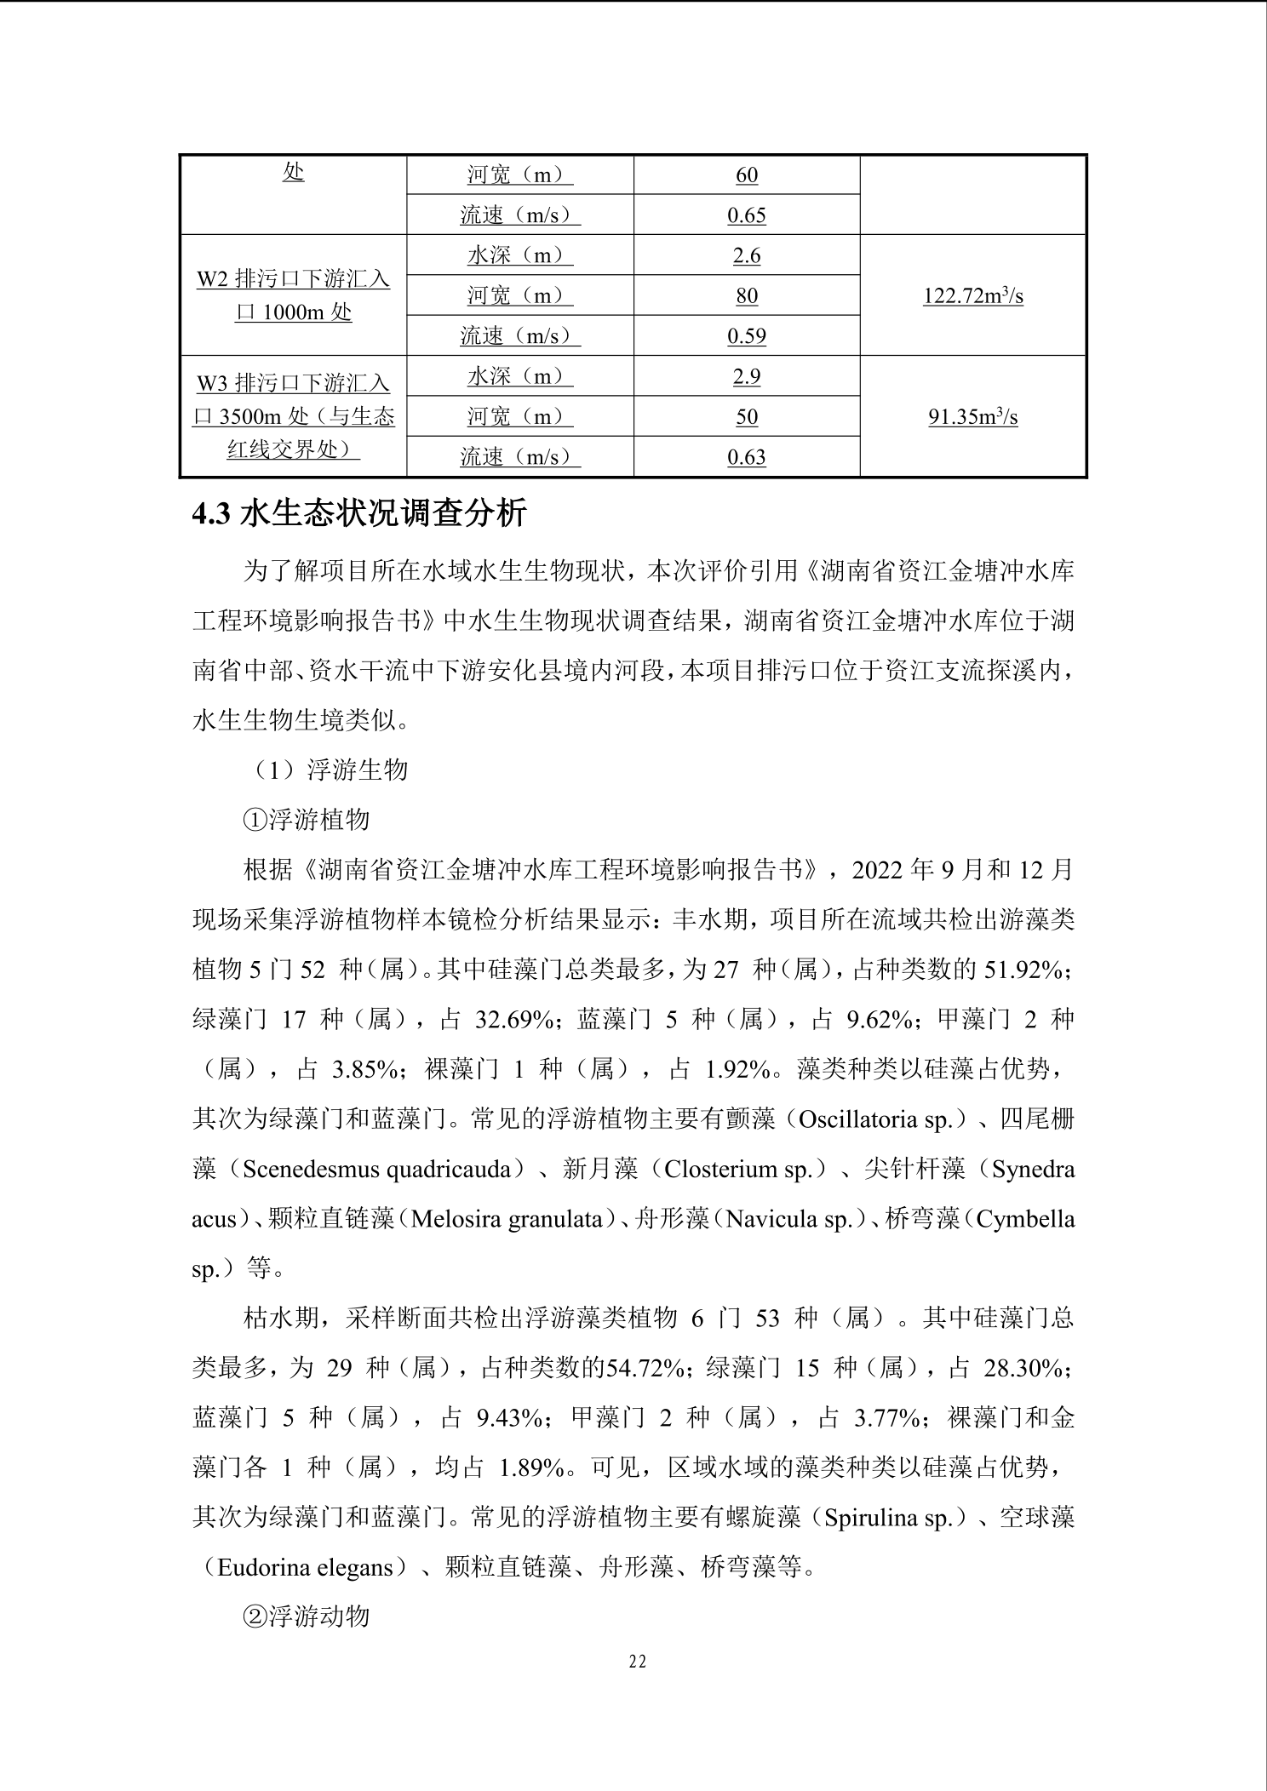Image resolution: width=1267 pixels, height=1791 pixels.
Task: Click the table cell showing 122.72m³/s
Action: [972, 296]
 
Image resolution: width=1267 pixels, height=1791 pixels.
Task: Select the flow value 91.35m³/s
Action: [972, 417]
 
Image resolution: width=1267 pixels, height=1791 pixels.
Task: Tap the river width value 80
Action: [746, 296]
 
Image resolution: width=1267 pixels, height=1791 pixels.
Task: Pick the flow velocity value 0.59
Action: [746, 336]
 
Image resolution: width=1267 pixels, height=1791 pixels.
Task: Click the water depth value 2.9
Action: [746, 376]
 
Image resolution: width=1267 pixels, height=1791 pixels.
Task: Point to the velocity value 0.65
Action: [746, 215]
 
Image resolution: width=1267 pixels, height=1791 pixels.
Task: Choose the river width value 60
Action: [746, 175]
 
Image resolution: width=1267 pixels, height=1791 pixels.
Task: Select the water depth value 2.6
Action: [746, 255]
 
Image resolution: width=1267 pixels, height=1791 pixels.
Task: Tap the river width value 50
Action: [746, 417]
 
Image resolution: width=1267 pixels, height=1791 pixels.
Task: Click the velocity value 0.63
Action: [746, 457]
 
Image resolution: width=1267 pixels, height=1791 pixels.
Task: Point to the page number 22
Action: [637, 1662]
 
